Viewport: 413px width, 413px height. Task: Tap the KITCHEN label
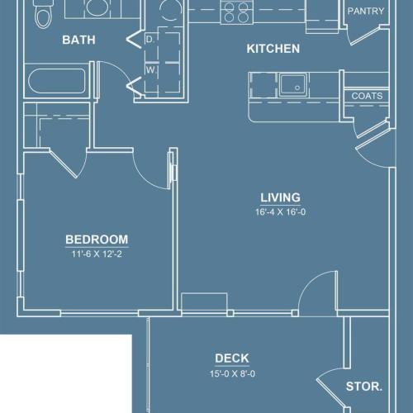(x=273, y=49)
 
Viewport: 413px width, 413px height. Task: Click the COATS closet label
(x=367, y=97)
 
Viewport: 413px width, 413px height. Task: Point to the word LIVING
(x=280, y=197)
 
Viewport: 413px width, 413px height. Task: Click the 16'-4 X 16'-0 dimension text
(x=280, y=211)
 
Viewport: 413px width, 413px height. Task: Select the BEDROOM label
(x=97, y=240)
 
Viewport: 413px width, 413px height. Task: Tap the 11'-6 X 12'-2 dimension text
(x=97, y=254)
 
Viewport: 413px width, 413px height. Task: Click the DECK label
(x=232, y=358)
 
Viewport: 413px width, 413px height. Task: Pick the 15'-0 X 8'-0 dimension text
(x=232, y=373)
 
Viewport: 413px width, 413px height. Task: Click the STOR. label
(x=363, y=386)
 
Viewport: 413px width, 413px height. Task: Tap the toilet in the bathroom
(x=44, y=15)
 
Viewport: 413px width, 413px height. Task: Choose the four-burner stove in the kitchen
(x=236, y=12)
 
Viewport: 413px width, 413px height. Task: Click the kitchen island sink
(x=292, y=84)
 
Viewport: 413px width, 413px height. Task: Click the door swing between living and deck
(x=316, y=294)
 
